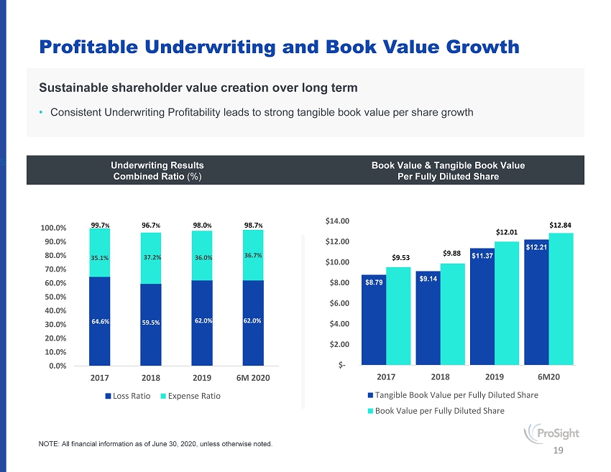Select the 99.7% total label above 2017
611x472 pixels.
tap(100, 226)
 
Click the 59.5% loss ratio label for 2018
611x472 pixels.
tap(151, 322)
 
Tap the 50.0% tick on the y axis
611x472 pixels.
tap(54, 296)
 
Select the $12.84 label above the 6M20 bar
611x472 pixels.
tap(561, 225)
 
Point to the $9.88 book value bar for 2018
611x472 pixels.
tap(453, 313)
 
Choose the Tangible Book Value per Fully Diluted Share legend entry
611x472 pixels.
tap(453, 395)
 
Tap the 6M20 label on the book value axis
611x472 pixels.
tap(549, 376)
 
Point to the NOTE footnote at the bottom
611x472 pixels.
tap(155, 444)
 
